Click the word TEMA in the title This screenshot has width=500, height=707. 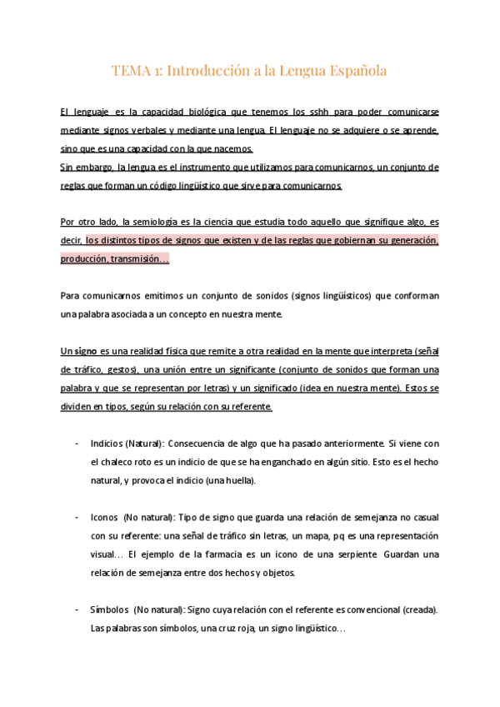click(x=130, y=72)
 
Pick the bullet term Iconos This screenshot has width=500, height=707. click(x=105, y=517)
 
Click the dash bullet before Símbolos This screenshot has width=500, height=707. click(x=77, y=609)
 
